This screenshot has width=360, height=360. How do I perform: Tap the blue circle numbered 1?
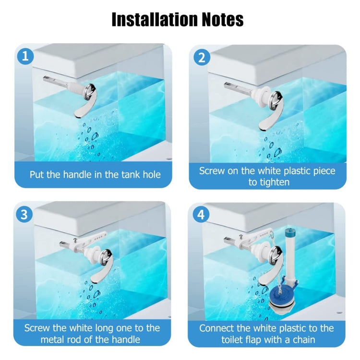pos(25,56)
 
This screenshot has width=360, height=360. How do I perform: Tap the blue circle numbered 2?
pos(201,57)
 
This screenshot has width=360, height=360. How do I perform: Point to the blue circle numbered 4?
pos(201,215)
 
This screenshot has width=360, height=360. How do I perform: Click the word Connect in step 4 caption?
pos(216,328)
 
